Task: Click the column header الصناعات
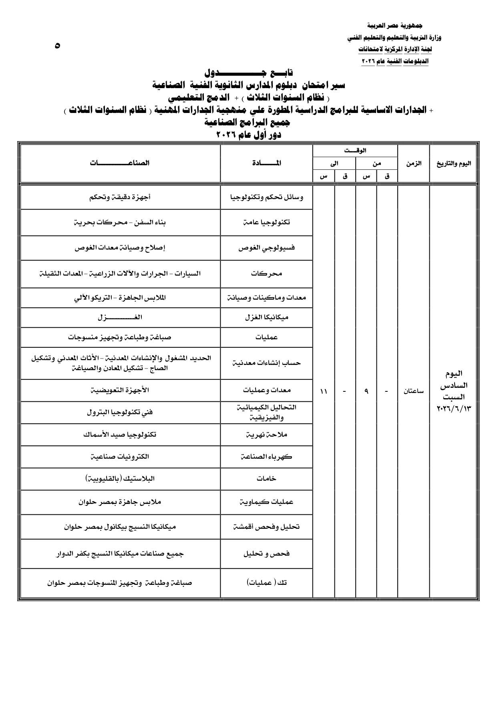(x=120, y=163)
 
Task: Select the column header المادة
(x=266, y=163)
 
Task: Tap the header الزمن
(x=413, y=163)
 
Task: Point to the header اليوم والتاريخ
(x=453, y=163)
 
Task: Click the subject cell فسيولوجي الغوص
(x=266, y=248)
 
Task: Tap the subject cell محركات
(x=266, y=274)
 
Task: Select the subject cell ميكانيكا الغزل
(x=266, y=317)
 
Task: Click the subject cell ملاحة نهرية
(x=266, y=434)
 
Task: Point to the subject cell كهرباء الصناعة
(x=266, y=456)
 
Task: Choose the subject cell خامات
(x=266, y=478)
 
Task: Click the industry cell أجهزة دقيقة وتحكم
(x=120, y=197)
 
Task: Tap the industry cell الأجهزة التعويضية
(x=120, y=390)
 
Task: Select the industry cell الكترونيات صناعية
(x=120, y=456)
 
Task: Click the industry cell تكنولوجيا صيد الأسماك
(x=120, y=434)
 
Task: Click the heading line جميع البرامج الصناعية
(x=248, y=123)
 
